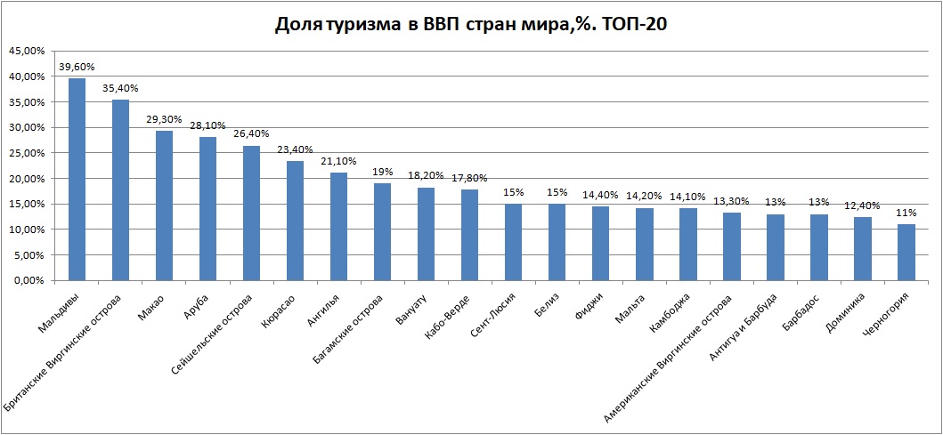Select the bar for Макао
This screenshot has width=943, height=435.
click(164, 205)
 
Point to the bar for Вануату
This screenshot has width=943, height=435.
click(426, 234)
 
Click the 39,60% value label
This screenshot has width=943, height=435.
click(77, 67)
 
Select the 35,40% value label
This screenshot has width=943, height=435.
click(120, 88)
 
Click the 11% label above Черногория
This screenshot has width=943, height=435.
click(906, 213)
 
